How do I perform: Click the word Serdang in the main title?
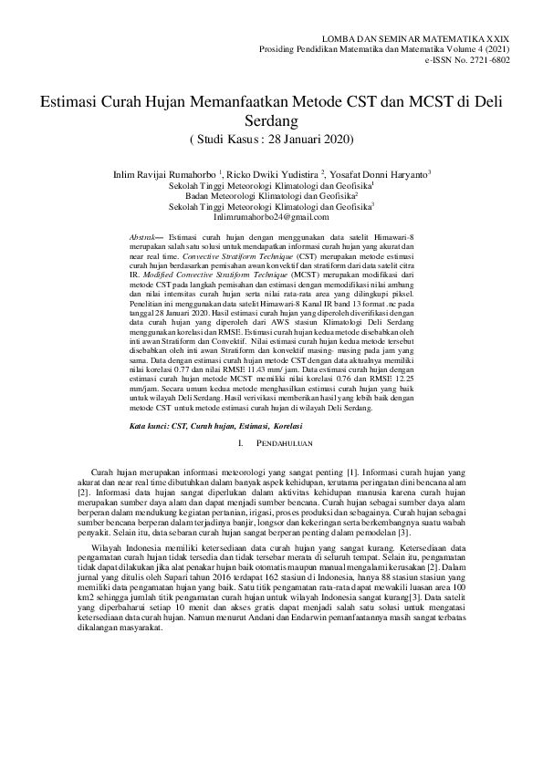pos(271,119)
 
